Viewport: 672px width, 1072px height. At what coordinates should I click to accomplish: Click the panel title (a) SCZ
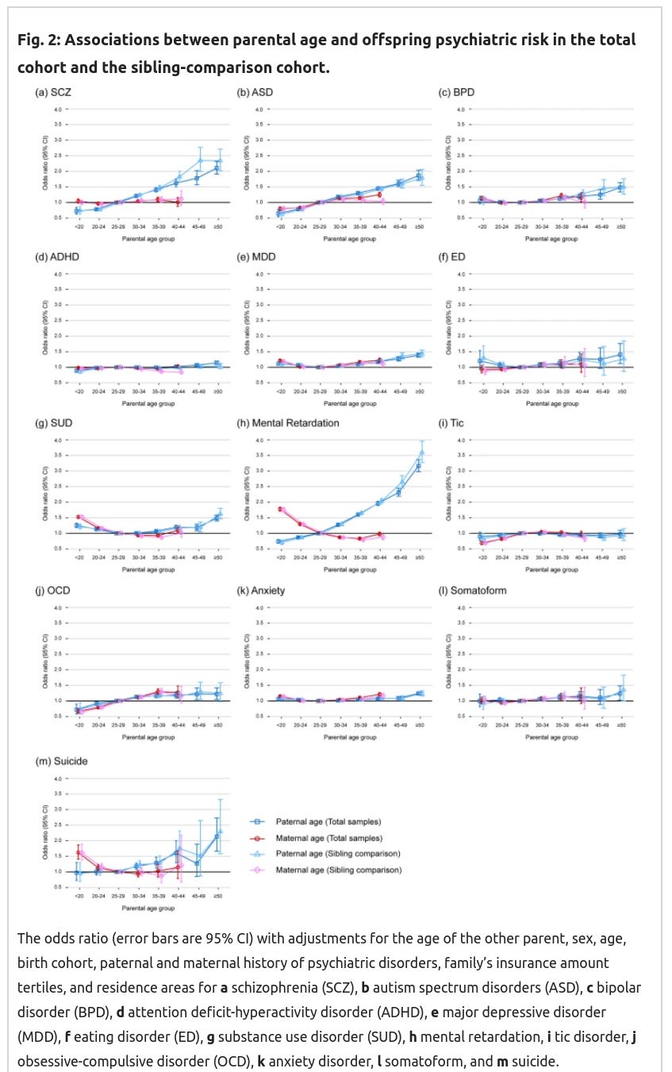pos(54,93)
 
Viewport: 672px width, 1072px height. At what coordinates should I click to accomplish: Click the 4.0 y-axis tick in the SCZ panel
pos(56,109)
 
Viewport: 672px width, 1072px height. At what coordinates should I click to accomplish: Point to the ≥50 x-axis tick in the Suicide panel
pos(218,895)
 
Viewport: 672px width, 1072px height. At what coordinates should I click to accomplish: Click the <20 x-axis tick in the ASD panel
pos(280,227)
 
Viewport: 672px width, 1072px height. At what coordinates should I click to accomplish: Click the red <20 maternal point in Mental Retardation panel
pos(281,509)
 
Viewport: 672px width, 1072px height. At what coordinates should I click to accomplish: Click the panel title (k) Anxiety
pos(262,591)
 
